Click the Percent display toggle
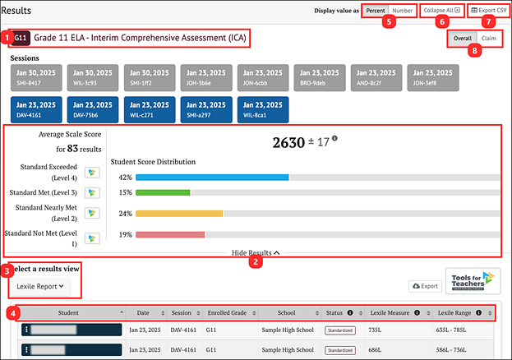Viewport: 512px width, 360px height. [376, 10]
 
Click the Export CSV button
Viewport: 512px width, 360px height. [484, 10]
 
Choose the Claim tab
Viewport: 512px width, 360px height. [487, 39]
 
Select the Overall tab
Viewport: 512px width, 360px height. [462, 39]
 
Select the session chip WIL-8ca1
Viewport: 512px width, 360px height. [262, 109]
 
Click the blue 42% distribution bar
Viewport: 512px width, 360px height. [212, 178]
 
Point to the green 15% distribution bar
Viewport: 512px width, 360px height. [163, 192]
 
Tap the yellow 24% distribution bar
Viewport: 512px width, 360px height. [179, 214]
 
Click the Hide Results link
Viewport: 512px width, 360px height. [256, 253]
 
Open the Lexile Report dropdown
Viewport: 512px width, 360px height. [40, 286]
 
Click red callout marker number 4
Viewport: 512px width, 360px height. [11, 312]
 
